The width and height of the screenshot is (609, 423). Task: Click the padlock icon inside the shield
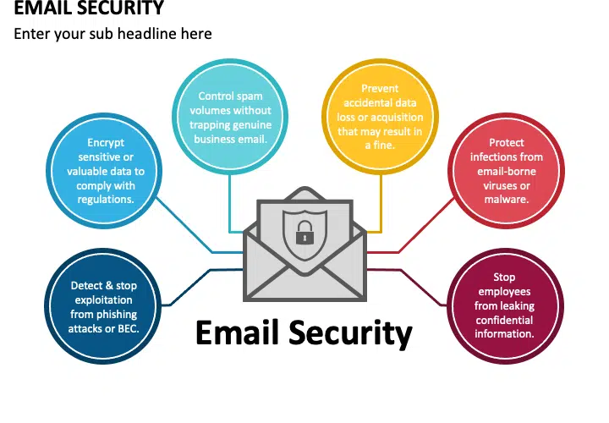pyautogui.click(x=304, y=233)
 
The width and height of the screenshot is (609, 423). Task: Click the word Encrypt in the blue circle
pyautogui.click(x=106, y=143)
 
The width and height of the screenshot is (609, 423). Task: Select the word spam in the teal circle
pyautogui.click(x=250, y=96)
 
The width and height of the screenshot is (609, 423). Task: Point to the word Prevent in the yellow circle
pyautogui.click(x=380, y=89)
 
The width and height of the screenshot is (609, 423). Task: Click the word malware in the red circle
pyautogui.click(x=505, y=200)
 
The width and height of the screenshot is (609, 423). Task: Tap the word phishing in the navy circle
pyautogui.click(x=117, y=314)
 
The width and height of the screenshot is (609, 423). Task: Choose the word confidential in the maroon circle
pyautogui.click(x=504, y=320)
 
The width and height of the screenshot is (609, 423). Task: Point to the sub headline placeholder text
pyautogui.click(x=112, y=34)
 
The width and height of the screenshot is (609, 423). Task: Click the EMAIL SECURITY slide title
pyautogui.click(x=89, y=8)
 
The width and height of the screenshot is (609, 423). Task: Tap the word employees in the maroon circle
pyautogui.click(x=504, y=292)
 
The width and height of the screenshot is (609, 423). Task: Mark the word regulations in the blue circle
pyautogui.click(x=106, y=200)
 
